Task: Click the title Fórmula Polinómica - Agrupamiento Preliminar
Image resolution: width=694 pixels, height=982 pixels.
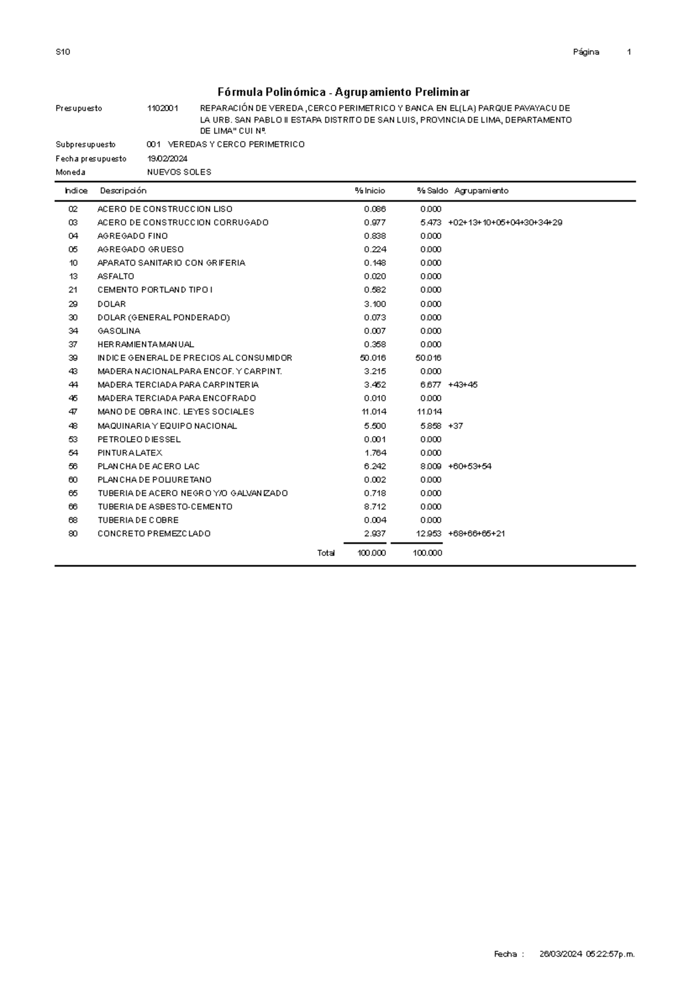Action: click(x=343, y=92)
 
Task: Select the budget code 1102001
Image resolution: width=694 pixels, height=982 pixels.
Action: click(x=163, y=108)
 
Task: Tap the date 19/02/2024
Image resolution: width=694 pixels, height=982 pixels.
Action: click(x=167, y=159)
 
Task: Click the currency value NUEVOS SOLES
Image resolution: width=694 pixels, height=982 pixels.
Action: click(x=179, y=172)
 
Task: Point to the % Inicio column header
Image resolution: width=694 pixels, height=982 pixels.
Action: click(x=370, y=191)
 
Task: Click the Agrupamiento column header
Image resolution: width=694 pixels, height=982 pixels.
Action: click(x=481, y=191)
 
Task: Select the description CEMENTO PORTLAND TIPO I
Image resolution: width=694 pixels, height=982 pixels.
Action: click(x=155, y=290)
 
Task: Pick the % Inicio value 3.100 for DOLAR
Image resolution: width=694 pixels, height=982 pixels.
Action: click(x=375, y=304)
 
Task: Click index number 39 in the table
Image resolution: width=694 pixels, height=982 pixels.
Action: click(x=73, y=358)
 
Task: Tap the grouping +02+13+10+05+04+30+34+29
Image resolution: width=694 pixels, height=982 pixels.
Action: click(x=505, y=222)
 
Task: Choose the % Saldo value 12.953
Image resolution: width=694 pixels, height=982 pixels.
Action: click(x=429, y=534)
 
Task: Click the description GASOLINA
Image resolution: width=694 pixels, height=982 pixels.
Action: click(x=119, y=331)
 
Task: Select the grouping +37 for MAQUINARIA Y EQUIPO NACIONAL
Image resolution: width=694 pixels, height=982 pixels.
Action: click(x=456, y=426)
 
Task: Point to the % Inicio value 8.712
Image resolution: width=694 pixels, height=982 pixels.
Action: click(x=375, y=506)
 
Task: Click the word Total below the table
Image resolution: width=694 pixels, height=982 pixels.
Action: click(x=326, y=553)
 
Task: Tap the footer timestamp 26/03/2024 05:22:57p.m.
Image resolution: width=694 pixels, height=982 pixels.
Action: click(x=586, y=954)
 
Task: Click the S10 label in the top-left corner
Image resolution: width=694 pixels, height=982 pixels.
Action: click(x=62, y=52)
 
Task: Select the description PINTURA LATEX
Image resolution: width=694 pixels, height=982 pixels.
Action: click(x=130, y=453)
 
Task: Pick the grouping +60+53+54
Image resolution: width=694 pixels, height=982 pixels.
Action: click(x=470, y=466)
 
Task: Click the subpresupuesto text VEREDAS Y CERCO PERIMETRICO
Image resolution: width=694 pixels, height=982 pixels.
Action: click(x=235, y=144)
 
